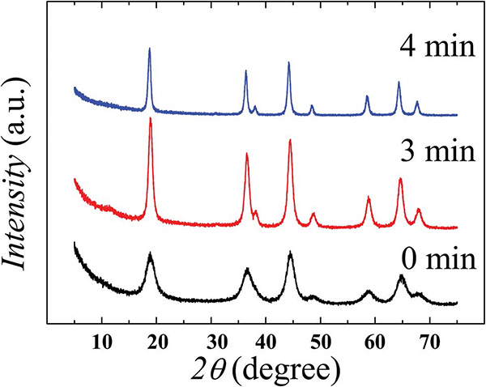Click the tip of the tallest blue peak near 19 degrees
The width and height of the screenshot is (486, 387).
(149, 49)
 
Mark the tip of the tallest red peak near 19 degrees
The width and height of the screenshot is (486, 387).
(150, 119)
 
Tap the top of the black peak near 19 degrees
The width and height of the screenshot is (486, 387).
(151, 253)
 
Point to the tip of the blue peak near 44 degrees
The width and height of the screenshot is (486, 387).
(288, 62)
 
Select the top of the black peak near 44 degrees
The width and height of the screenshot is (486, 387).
(290, 253)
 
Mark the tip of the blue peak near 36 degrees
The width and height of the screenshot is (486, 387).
(245, 71)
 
